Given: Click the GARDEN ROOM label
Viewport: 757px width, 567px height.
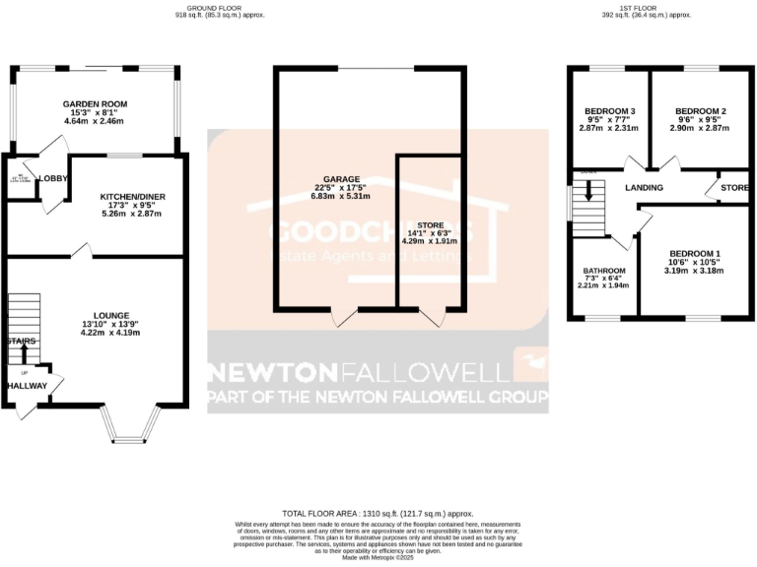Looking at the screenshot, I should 95,103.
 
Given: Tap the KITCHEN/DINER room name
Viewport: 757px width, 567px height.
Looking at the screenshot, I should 133,197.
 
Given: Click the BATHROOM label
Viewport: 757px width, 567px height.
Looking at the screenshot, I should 604,271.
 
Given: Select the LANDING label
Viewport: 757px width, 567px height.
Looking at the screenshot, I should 644,188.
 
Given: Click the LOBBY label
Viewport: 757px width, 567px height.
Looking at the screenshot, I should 52,178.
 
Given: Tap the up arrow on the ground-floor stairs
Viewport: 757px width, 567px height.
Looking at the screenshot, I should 24,349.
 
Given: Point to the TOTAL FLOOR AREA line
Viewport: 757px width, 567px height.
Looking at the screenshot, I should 378,514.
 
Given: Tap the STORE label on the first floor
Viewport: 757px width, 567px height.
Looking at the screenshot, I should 734,187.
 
